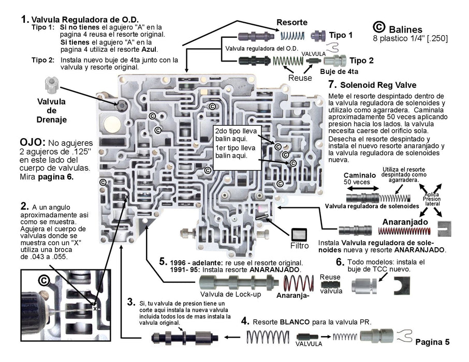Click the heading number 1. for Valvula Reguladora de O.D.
coord(24,19)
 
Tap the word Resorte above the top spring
coord(292,22)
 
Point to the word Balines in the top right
coord(406,29)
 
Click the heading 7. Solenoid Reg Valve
coord(372,84)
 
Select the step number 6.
coord(340,262)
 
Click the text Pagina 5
coord(433,342)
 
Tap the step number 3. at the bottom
coord(131,301)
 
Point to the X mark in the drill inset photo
coord(95,308)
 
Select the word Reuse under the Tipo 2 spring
coord(300,78)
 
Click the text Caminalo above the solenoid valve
coord(360,175)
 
